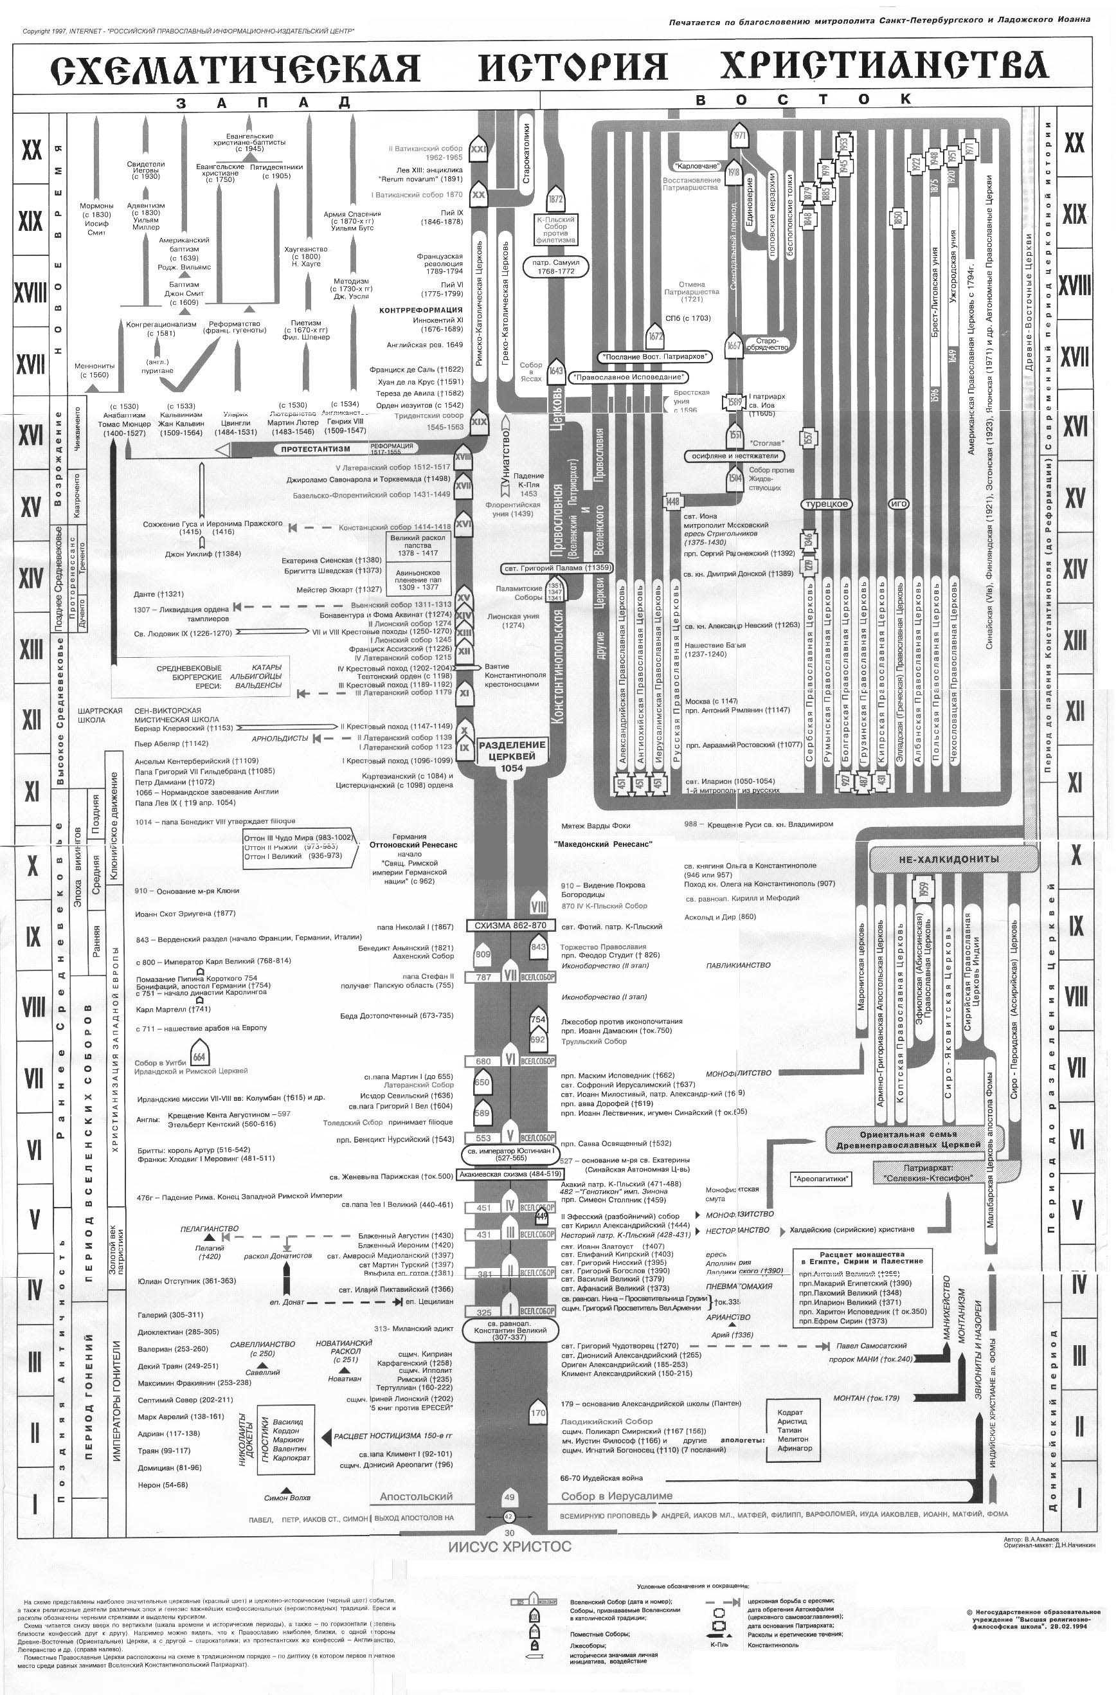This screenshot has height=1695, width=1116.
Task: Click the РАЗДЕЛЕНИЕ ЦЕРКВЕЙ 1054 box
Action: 511,756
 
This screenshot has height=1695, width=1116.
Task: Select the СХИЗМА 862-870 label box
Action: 507,925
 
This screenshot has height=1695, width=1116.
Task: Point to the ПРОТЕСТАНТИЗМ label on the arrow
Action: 315,449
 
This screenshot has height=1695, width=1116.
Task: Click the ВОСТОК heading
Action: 803,100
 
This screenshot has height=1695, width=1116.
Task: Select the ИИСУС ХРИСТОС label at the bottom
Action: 509,1547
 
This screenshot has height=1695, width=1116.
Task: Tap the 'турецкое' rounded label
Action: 826,503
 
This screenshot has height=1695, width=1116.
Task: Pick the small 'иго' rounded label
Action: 899,503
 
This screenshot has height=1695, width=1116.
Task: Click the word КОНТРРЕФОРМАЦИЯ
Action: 420,310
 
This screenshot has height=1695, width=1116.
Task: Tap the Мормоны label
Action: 96,206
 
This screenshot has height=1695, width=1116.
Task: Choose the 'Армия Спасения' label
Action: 352,213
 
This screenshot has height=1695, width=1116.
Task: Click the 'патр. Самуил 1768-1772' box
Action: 555,266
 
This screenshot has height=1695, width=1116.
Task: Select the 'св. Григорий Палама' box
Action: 557,568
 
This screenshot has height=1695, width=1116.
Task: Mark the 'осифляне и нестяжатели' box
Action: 735,455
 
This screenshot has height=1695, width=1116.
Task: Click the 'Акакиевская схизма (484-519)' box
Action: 505,1174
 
